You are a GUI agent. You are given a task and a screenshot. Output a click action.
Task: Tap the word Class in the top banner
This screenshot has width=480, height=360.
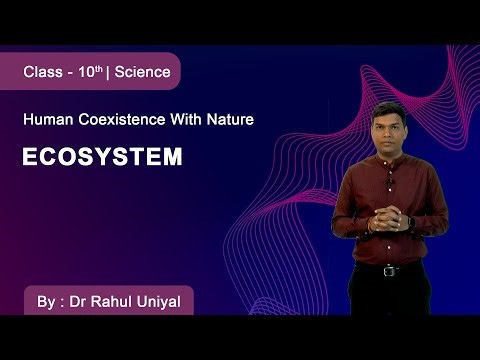[x=44, y=72]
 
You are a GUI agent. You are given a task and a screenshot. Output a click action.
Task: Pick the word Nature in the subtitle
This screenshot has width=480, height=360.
[x=231, y=120]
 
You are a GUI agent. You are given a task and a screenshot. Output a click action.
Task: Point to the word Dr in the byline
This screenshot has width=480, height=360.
[x=73, y=301]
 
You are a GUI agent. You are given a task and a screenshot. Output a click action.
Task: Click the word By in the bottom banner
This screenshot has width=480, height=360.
[x=41, y=301]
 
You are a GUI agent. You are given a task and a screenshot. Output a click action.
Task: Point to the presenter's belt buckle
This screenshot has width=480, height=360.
[x=389, y=270]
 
